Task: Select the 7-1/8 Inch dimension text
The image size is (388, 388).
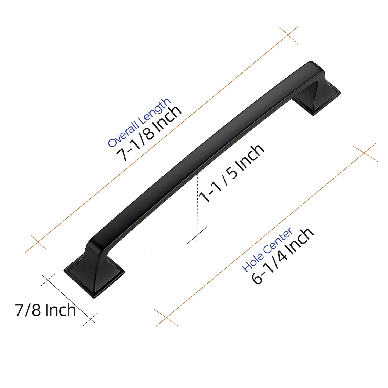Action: click(149, 133)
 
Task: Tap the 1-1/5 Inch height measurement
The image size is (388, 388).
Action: click(231, 173)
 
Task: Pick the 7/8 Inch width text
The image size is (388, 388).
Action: click(45, 310)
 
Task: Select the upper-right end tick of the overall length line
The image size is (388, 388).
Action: click(288, 35)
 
